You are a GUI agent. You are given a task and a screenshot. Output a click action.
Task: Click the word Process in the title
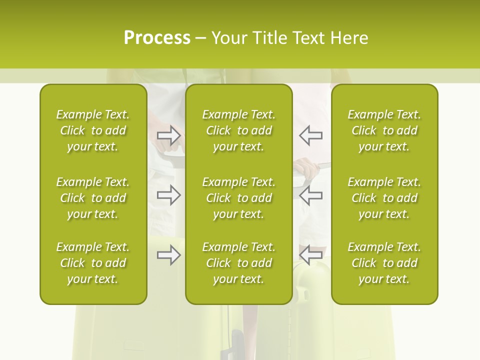click(157, 38)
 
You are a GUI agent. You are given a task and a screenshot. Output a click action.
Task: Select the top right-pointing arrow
click(168, 135)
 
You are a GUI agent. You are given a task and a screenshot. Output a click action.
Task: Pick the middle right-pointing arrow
click(168, 195)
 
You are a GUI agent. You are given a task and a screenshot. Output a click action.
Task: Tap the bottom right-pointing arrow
click(168, 255)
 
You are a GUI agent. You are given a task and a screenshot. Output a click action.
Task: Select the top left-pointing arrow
click(311, 135)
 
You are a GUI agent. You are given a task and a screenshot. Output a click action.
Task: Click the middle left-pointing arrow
click(311, 195)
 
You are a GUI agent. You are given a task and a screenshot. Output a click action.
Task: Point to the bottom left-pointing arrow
click(311, 255)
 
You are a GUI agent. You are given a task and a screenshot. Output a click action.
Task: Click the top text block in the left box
click(93, 130)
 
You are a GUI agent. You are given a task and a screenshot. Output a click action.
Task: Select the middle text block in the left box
click(93, 198)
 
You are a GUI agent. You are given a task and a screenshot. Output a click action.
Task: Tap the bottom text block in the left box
click(93, 263)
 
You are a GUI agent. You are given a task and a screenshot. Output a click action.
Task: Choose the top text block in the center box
click(238, 130)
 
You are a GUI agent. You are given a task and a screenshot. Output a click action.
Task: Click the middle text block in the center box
click(238, 198)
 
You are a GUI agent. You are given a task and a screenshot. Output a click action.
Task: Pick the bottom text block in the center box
click(238, 263)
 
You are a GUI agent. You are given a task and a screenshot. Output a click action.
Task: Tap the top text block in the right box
click(384, 130)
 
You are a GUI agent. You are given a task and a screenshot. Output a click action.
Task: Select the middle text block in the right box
click(384, 198)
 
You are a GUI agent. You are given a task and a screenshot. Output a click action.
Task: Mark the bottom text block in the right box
click(384, 263)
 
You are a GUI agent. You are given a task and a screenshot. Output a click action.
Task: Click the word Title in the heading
click(270, 38)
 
